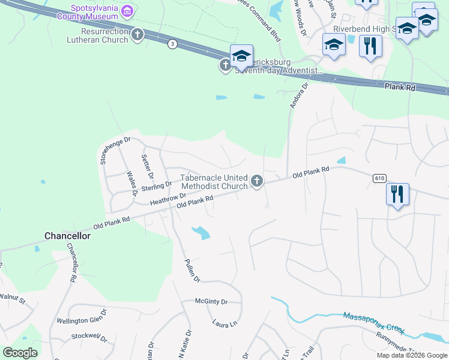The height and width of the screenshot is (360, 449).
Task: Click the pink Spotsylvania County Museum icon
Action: [x=127, y=11]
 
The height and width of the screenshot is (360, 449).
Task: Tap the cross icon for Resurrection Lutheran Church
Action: [x=137, y=35]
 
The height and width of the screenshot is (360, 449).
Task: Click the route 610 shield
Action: [x=378, y=178]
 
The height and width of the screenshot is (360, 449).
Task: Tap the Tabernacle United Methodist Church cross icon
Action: [x=257, y=181]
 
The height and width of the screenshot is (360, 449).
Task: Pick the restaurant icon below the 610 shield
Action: [x=397, y=194]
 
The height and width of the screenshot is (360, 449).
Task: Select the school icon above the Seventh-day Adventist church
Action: [x=241, y=56]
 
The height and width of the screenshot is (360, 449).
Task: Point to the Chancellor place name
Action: [x=67, y=236]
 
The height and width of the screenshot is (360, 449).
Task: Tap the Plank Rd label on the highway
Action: [x=400, y=87]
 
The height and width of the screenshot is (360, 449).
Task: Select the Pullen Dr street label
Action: [x=191, y=267]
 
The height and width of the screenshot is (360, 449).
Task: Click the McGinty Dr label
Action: [x=211, y=302]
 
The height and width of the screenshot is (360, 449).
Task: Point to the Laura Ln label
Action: [x=225, y=323]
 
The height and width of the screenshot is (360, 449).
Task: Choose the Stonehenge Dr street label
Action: [x=106, y=149]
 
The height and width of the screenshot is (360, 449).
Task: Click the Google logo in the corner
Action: [x=20, y=352]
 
